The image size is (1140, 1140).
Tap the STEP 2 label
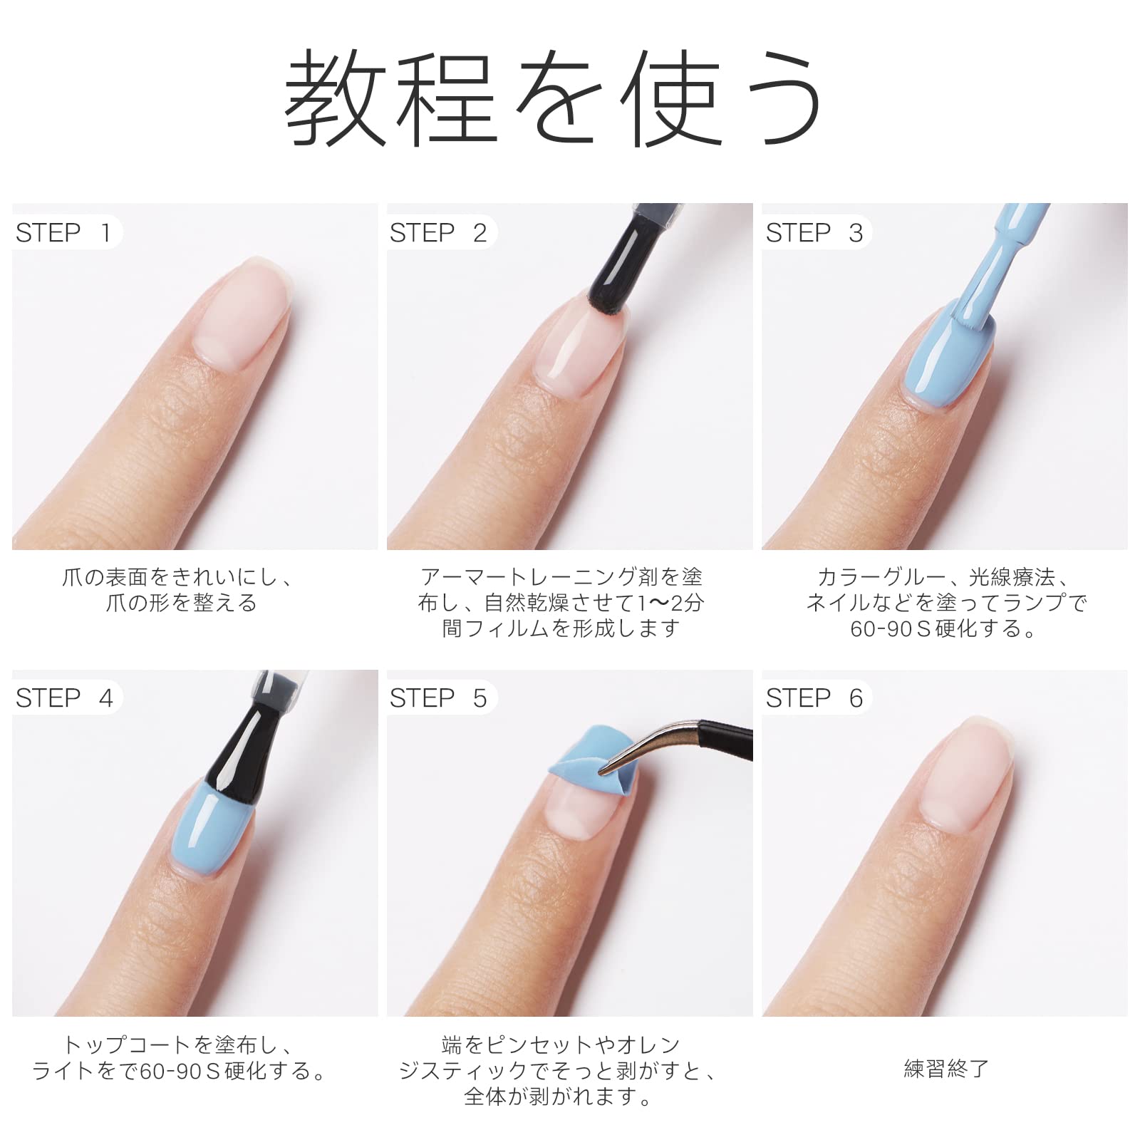(437, 233)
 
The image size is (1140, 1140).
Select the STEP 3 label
(814, 233)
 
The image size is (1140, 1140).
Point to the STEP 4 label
(64, 698)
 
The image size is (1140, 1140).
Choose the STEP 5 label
(437, 698)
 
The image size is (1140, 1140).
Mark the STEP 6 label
(814, 698)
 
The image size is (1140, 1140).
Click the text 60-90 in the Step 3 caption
(882, 629)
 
